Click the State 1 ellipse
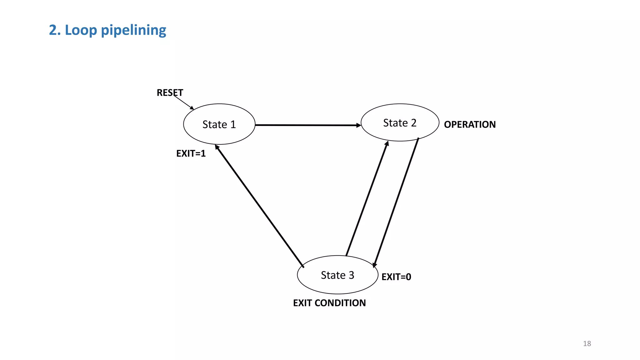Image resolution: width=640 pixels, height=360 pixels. pos(219,124)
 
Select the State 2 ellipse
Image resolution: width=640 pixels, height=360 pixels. pos(400,122)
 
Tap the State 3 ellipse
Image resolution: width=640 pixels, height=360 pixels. pos(337,275)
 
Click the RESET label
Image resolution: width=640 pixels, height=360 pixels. pos(170,93)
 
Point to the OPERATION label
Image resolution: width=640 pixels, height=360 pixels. pos(470,124)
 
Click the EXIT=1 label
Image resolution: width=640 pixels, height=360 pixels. pos(191,153)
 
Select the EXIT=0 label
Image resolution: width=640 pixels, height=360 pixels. pos(396,277)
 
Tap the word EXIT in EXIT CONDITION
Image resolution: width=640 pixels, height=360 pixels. pos(303,303)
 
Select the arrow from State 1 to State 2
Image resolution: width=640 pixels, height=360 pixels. pos(308,125)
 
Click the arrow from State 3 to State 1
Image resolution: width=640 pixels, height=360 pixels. pos(259,206)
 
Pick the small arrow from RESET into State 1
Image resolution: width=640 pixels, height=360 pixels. pos(184,103)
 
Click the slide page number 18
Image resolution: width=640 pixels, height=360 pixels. pos(587,343)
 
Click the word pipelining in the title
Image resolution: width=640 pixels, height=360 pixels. pos(133,30)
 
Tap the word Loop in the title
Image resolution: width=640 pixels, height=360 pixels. pos(81,30)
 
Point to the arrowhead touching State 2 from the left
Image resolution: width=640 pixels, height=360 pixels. pos(359,125)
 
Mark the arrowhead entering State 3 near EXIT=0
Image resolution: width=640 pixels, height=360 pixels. pos(374,265)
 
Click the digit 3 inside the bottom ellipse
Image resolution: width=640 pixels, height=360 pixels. pos(351,275)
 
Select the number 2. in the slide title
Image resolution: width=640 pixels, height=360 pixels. pos(55,30)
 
